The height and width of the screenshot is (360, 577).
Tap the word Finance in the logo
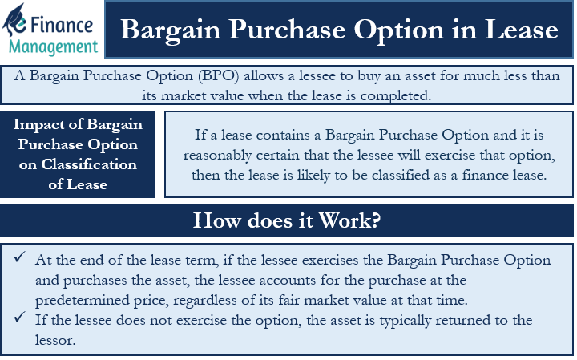pyautogui.click(x=62, y=26)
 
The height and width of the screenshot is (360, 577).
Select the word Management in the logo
pyautogui.click(x=54, y=47)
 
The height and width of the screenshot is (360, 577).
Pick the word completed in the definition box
pyautogui.click(x=395, y=96)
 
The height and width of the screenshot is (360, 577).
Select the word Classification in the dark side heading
pyautogui.click(x=89, y=164)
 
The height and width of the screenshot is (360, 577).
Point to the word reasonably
pyautogui.click(x=217, y=156)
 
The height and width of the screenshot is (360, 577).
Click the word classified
pyautogui.click(x=400, y=175)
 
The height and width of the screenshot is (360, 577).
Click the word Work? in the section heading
pyautogui.click(x=349, y=220)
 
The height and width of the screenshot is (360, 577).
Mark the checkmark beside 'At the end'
pyautogui.click(x=20, y=257)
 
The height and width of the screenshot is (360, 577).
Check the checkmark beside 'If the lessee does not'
pyautogui.click(x=20, y=317)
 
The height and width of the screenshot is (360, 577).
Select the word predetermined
pyautogui.click(x=82, y=301)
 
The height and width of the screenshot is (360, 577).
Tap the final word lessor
pyautogui.click(x=55, y=340)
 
